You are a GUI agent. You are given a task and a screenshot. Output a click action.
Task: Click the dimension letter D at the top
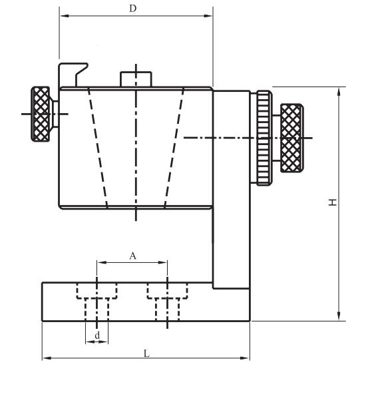[x=132, y=9]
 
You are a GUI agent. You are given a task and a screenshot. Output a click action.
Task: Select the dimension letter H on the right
[x=332, y=202]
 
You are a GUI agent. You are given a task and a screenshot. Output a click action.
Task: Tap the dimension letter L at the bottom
[x=146, y=353]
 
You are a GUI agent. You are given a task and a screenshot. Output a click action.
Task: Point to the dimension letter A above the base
[x=132, y=256]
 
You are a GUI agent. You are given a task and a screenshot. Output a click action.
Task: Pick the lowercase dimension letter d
[x=97, y=335]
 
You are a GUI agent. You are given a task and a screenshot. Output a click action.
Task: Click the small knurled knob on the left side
[x=41, y=114]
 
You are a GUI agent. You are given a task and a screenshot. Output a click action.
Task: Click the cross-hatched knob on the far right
[x=291, y=138]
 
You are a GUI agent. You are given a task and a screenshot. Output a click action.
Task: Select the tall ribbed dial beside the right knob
[x=264, y=138]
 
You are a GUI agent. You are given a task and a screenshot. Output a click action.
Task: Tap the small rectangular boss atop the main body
[x=136, y=79]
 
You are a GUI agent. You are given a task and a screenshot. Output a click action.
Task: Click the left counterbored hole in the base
[x=97, y=301]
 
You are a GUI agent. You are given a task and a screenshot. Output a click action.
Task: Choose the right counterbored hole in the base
[x=167, y=301]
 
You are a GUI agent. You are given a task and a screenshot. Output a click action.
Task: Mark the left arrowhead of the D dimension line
[x=65, y=16]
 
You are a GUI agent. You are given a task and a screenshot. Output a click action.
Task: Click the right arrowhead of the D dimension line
[x=208, y=16]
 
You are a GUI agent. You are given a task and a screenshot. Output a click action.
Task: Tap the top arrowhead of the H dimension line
[x=339, y=92]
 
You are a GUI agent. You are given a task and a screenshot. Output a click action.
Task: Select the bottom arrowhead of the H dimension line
[x=339, y=316]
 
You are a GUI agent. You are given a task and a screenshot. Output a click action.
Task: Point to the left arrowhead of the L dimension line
[x=47, y=358]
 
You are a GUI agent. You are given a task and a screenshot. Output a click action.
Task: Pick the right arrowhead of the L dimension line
[x=244, y=358]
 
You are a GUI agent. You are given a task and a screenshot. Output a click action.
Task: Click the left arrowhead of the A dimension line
[x=102, y=263]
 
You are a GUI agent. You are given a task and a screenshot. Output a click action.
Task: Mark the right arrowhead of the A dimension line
[x=162, y=263]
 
